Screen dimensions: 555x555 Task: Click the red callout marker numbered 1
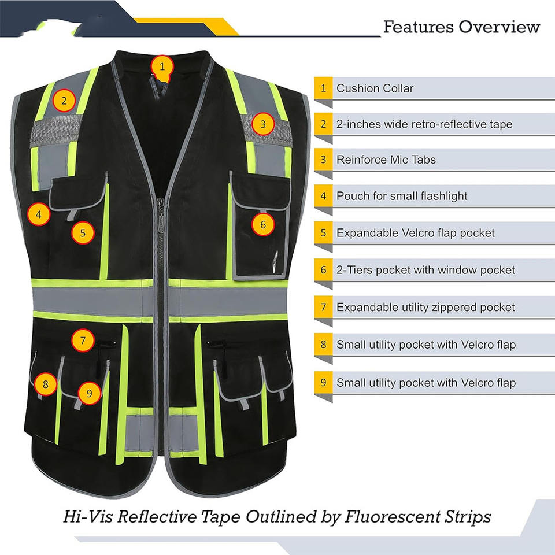pos(162,66)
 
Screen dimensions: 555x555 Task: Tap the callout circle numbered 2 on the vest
pos(64,101)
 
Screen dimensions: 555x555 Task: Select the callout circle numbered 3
pos(262,124)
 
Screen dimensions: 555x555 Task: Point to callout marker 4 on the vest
pos(38,216)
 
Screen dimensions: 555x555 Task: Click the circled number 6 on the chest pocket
pos(263,225)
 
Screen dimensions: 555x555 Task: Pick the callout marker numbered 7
pos(83,341)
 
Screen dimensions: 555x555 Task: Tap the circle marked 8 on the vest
pos(46,383)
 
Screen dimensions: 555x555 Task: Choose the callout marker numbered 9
pos(89,393)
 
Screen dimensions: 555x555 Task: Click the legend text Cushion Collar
pos(375,88)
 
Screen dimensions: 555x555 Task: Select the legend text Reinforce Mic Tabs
pos(386,160)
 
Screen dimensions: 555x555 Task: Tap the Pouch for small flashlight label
pos(402,196)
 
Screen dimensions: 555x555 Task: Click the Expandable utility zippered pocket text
pos(425,307)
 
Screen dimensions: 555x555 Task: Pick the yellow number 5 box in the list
pos(324,233)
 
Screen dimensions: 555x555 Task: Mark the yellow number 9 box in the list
pos(324,382)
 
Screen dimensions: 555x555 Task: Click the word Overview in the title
pos(499,27)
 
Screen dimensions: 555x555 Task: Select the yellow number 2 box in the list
pos(324,124)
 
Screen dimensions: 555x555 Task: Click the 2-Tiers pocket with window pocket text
pos(425,270)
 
